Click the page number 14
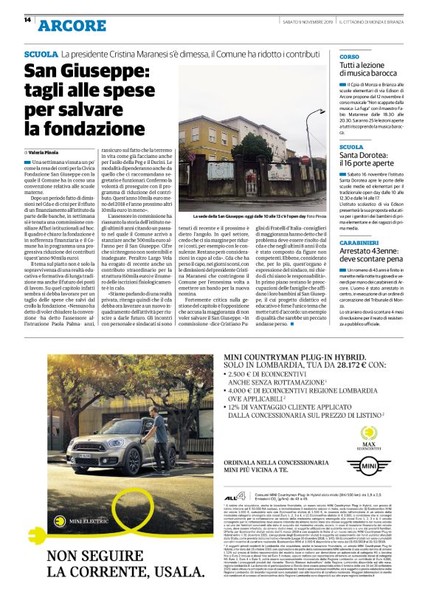point(27,20)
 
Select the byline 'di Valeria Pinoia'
point(47,152)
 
